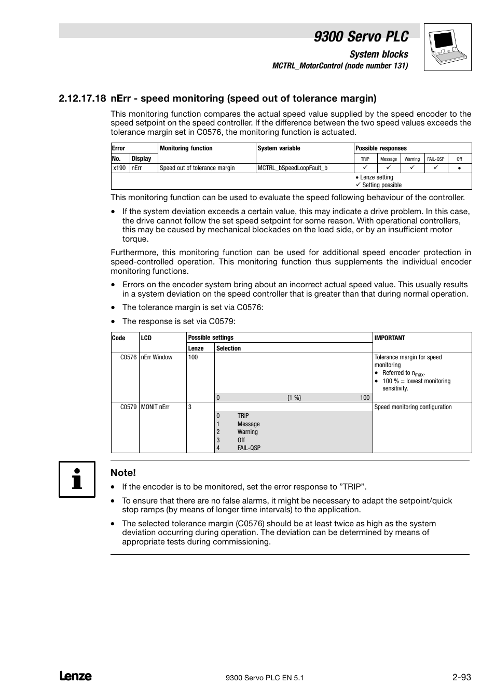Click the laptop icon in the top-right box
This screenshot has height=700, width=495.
447,47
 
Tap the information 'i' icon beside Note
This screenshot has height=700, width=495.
77,479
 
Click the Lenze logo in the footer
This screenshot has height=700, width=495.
76,676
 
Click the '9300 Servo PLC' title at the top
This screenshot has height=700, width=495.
361,36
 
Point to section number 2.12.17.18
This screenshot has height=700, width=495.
82,99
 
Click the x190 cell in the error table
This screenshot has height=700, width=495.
120,168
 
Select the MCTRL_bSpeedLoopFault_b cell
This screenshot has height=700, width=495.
293,168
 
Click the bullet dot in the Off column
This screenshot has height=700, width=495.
459,169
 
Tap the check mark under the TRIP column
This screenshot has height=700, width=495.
365,168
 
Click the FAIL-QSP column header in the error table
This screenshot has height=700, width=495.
436,159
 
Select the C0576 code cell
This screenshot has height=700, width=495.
128,357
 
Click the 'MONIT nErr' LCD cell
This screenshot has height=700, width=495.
155,407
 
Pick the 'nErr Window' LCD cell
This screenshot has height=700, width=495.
157,357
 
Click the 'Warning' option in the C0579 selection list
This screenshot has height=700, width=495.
247,432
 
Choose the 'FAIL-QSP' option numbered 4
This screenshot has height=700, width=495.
249,448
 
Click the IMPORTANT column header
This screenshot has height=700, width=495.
390,338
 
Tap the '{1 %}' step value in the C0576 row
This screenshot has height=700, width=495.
294,398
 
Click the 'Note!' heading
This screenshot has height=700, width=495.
123,472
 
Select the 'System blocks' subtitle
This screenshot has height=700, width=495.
379,54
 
